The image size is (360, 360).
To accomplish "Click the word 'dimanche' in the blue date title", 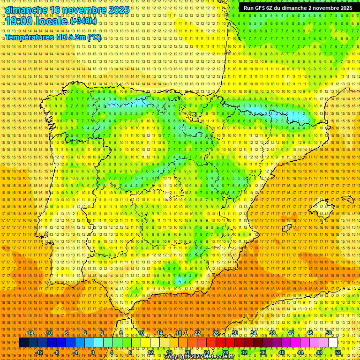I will point(26,10).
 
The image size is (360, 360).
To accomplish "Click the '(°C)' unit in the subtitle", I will point(94,37).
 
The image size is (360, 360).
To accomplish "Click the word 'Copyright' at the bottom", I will point(178,357).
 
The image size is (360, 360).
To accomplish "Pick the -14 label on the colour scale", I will point(30,333).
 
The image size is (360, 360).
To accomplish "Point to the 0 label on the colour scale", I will point(93,352).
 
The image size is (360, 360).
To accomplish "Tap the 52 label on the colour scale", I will point(337,352).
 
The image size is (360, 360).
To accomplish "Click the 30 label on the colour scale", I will point(234,333).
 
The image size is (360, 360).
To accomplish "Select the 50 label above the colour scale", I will point(329,333).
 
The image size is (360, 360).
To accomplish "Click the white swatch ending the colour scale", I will point(333,343).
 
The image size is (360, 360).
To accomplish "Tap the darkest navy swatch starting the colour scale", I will point(23,343).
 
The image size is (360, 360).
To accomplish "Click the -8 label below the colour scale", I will point(57,352).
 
